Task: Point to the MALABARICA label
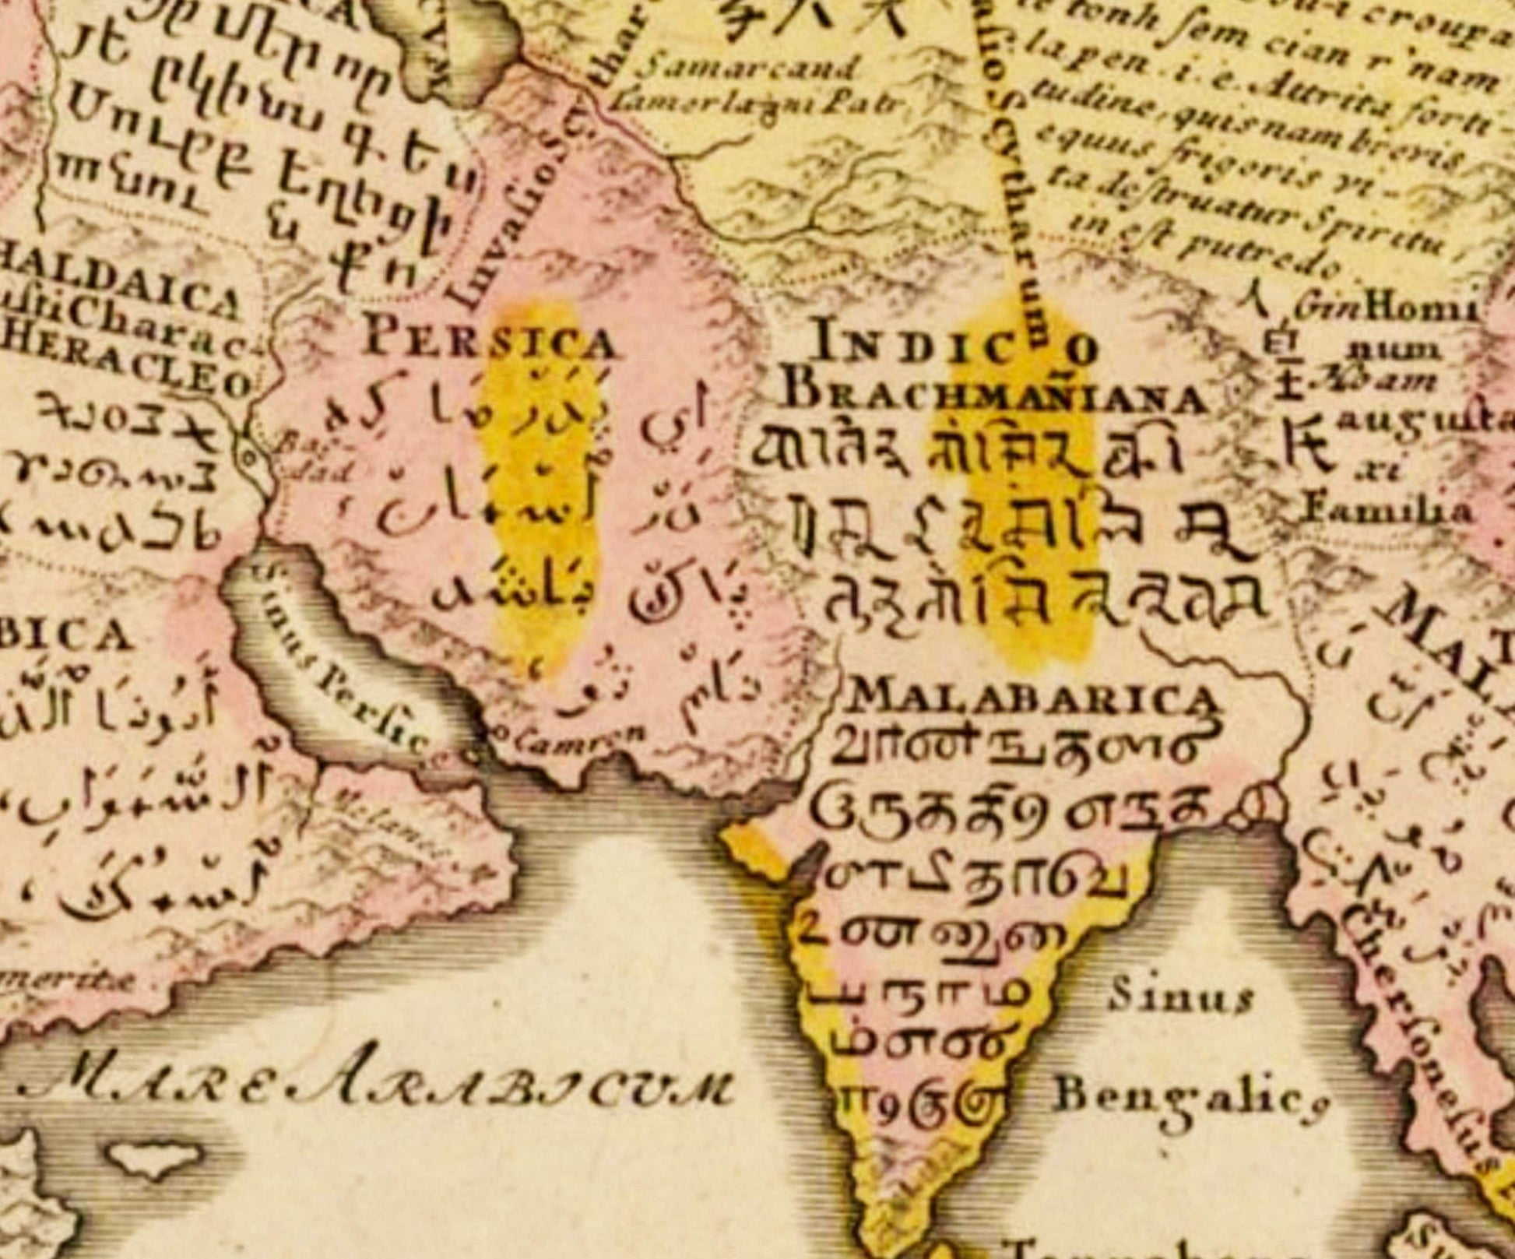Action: (1032, 697)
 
